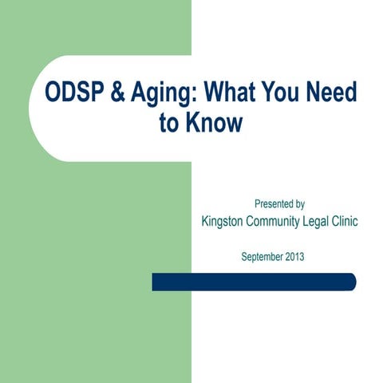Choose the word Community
tap(279, 222)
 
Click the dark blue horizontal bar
tap(254, 282)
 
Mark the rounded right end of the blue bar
tap(351, 282)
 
